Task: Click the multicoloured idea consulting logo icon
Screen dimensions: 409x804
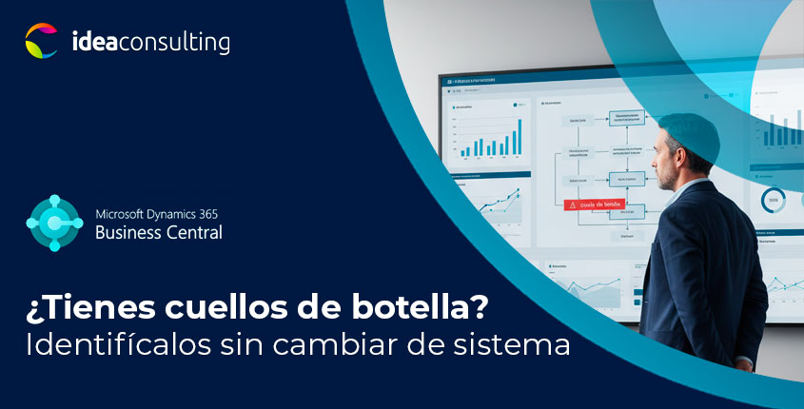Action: tap(41, 42)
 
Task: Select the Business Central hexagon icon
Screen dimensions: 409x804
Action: tap(55, 223)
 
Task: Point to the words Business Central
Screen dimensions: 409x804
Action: tap(159, 232)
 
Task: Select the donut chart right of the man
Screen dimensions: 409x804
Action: tap(772, 199)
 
